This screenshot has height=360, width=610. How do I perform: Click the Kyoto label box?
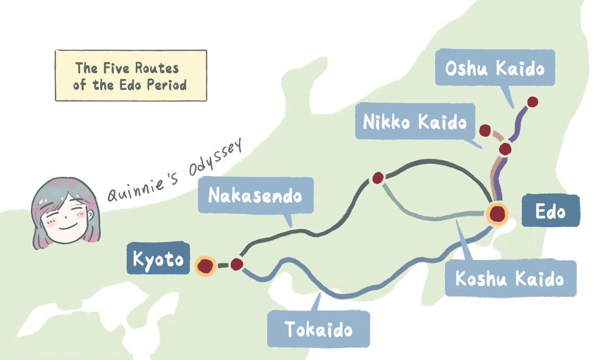click(x=158, y=260)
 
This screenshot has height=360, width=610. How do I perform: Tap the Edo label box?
click(x=550, y=211)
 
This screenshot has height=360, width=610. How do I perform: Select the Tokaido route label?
click(x=318, y=329)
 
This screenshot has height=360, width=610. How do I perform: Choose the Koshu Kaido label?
click(x=510, y=279)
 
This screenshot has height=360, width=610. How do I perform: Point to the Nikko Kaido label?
click(x=415, y=122)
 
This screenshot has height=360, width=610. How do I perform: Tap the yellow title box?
click(x=130, y=75)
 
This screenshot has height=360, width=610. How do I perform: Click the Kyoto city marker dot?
click(x=205, y=265)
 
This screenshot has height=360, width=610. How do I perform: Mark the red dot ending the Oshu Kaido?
click(x=532, y=102)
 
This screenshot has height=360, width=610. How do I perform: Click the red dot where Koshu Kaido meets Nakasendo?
click(x=378, y=178)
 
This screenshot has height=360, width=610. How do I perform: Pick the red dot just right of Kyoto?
click(x=236, y=264)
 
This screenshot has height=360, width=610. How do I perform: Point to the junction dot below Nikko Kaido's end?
click(x=505, y=149)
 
